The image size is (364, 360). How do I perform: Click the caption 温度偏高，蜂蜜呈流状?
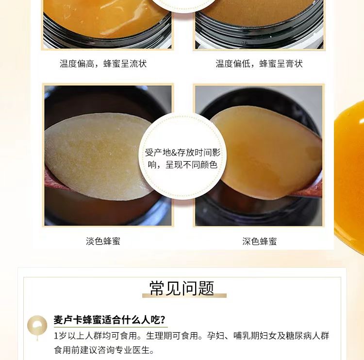[x=103, y=64]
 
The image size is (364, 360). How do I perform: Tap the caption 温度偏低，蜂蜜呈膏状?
[x=259, y=64]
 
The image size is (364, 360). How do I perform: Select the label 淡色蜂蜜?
[x=103, y=241]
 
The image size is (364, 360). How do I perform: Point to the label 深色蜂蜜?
[x=260, y=241]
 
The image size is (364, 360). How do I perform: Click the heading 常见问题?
[x=182, y=288]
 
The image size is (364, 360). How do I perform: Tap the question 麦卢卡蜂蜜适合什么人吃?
[x=110, y=320]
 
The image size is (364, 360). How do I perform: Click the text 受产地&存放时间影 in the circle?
[x=182, y=153]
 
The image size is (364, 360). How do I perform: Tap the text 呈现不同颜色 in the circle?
[x=191, y=165]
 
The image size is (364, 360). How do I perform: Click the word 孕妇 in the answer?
[x=215, y=336]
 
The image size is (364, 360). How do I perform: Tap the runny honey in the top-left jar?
[x=104, y=16]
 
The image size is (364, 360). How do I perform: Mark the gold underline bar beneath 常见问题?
[x=184, y=295]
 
